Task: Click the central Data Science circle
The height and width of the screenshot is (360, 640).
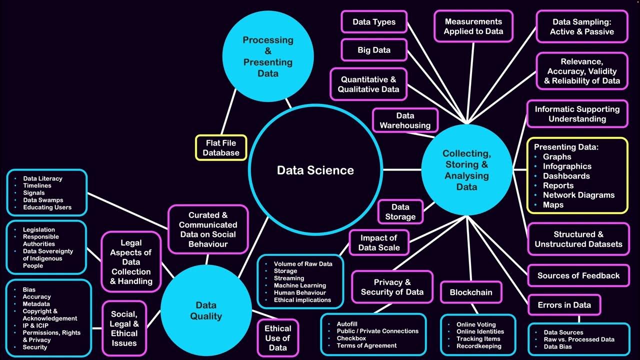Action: tap(315, 170)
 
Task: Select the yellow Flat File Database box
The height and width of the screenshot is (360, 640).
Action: tap(221, 147)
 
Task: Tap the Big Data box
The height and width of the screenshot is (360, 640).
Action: tap(374, 50)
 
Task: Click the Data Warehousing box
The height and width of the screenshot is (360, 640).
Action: tap(405, 120)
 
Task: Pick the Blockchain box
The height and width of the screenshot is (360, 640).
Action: tap(471, 292)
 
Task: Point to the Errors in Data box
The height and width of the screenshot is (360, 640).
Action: tap(564, 305)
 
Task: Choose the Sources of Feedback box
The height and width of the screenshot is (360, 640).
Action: tap(578, 275)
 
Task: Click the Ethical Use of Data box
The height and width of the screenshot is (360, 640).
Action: tap(277, 338)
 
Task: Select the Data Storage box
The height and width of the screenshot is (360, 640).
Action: tap(400, 211)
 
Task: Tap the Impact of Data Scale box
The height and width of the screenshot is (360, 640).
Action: tap(378, 242)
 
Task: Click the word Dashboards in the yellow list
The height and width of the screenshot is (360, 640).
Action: tap(566, 176)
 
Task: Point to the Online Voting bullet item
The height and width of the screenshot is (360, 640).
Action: tap(476, 324)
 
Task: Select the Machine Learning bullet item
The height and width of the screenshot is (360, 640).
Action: tap(300, 285)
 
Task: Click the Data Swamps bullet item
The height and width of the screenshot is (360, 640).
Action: tap(43, 200)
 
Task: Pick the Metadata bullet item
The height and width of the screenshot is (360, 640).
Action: tap(36, 303)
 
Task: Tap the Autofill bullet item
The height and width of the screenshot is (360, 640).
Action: tap(347, 324)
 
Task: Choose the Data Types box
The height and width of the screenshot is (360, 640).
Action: tap(374, 22)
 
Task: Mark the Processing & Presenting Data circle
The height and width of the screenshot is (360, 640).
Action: tap(268, 56)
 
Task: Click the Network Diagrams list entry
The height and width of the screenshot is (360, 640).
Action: tap(578, 195)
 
